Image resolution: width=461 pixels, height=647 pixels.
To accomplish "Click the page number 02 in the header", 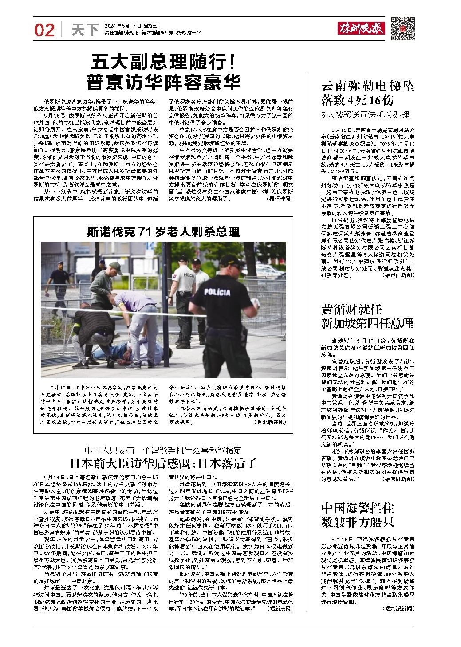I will click(x=44, y=30).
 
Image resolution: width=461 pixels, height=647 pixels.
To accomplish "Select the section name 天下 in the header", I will click(x=84, y=30).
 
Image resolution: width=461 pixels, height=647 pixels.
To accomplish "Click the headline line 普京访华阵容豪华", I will click(x=164, y=83).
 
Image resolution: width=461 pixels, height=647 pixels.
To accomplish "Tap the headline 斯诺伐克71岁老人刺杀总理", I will click(x=163, y=231).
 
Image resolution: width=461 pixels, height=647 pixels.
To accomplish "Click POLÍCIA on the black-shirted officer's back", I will click(x=217, y=292).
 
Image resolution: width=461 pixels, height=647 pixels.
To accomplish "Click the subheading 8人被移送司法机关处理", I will click(x=365, y=115).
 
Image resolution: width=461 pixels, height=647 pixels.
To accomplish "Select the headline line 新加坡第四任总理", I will click(x=367, y=323).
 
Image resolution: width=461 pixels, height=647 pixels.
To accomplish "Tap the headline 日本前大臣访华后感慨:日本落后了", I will click(x=163, y=463).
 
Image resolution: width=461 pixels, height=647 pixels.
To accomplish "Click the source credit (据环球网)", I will click(x=280, y=199).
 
